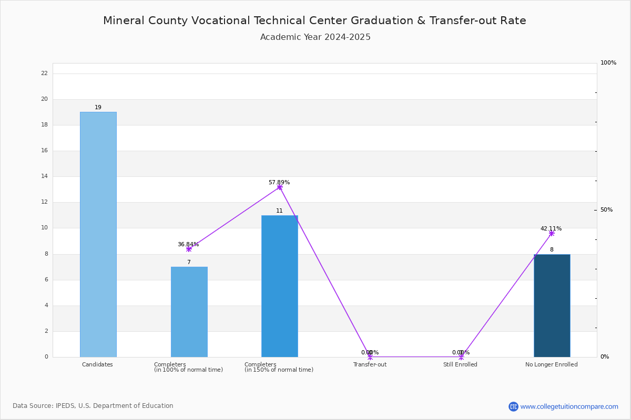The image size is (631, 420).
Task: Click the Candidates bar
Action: click(98, 234)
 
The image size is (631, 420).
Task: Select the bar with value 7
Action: click(189, 312)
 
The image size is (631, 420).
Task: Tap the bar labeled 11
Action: click(280, 286)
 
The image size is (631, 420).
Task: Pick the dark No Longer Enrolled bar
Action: click(552, 306)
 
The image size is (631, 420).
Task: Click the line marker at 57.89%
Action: click(280, 187)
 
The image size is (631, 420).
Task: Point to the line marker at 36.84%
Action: click(189, 249)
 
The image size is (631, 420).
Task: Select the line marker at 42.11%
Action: click(552, 233)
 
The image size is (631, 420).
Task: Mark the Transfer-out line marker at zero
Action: click(370, 356)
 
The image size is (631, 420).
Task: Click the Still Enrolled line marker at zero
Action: click(461, 356)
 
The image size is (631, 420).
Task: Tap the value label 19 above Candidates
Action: click(98, 107)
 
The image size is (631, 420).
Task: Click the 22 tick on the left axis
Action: click(45, 73)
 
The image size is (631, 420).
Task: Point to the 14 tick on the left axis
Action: click(45, 176)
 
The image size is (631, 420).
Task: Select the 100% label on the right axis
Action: click(608, 62)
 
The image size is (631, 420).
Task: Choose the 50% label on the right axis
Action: click(606, 209)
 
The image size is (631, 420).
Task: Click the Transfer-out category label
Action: click(370, 364)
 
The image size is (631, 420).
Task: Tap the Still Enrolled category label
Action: click(460, 364)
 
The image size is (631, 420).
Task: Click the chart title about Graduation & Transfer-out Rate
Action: click(314, 20)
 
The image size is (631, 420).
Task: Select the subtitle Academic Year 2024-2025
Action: click(315, 37)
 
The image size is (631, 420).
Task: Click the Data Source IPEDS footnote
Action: click(93, 406)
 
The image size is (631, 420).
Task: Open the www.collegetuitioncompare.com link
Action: click(569, 406)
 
